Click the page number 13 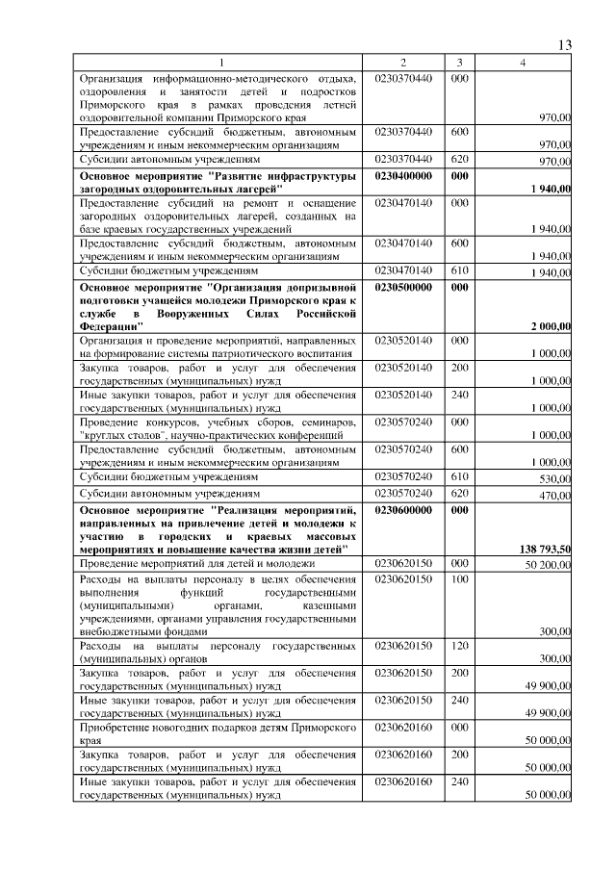(x=564, y=45)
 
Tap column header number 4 (x=523, y=63)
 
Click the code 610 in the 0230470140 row (x=459, y=271)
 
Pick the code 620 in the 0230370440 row (x=459, y=159)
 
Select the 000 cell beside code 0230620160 (x=459, y=730)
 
